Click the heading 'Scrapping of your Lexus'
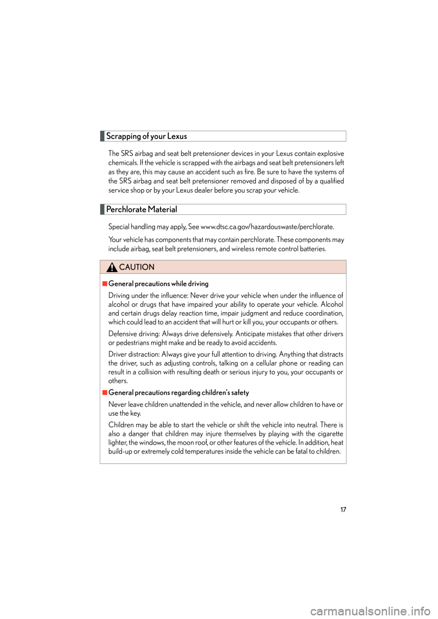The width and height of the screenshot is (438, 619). click(x=146, y=136)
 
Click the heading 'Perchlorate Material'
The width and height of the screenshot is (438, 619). click(x=141, y=210)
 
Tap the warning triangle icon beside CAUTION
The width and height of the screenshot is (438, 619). click(x=112, y=267)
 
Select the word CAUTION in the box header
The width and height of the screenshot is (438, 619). click(x=137, y=267)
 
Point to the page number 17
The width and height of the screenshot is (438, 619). click(x=343, y=510)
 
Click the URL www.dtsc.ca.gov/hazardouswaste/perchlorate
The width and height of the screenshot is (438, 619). click(x=267, y=227)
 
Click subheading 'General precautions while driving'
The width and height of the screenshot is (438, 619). click(x=158, y=284)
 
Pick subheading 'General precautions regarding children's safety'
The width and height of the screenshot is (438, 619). click(x=178, y=392)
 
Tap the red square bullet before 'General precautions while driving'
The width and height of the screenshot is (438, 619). click(x=104, y=284)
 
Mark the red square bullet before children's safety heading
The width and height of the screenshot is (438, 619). click(x=104, y=392)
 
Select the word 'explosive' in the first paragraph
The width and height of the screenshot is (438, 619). click(x=330, y=154)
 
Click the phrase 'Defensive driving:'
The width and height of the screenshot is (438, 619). click(x=134, y=334)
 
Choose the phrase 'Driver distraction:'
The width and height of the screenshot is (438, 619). click(x=134, y=355)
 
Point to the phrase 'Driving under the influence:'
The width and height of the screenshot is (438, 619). click(x=148, y=295)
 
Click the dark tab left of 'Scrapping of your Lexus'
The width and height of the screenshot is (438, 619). click(x=102, y=136)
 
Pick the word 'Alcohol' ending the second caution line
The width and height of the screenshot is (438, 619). click(x=332, y=304)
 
